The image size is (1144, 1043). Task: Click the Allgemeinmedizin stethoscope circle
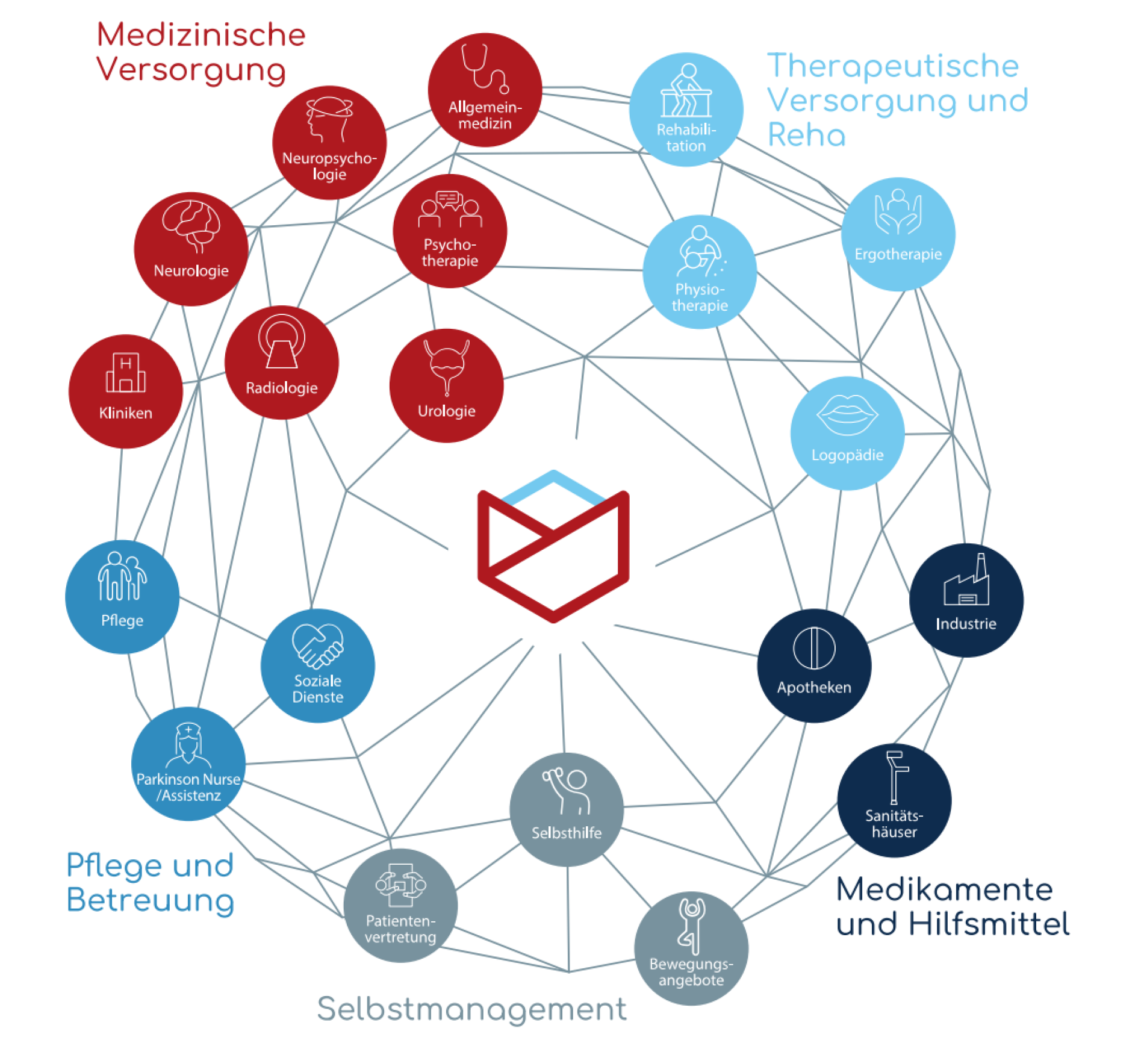[485, 90]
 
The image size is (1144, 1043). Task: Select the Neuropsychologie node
[329, 143]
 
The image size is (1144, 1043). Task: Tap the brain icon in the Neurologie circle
[191, 225]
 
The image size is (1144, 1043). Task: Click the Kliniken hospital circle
[126, 391]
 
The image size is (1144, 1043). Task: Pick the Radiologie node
[282, 363]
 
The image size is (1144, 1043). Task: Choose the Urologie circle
[446, 386]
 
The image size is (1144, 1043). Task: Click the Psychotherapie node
[450, 231]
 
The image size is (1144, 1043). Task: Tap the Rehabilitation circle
[686, 110]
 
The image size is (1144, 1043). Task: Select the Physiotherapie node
[700, 272]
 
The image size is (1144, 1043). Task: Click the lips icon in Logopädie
[847, 414]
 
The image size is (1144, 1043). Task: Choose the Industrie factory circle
[966, 600]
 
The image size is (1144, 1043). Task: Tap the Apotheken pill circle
[814, 665]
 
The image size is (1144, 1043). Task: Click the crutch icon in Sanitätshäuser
[895, 777]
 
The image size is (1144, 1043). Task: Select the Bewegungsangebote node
[691, 948]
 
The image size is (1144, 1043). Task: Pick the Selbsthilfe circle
[567, 809]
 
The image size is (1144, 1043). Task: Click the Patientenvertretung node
[400, 905]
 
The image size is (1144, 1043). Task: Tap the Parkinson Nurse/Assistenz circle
[188, 764]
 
